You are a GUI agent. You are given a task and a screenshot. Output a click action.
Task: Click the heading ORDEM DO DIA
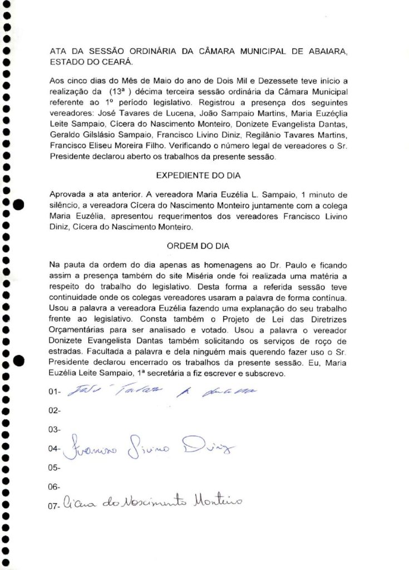click(x=198, y=245)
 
